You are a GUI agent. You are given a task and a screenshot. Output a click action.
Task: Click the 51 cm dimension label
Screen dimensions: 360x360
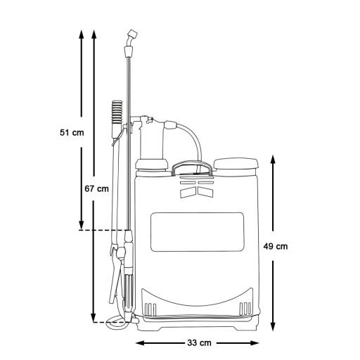click(x=71, y=131)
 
